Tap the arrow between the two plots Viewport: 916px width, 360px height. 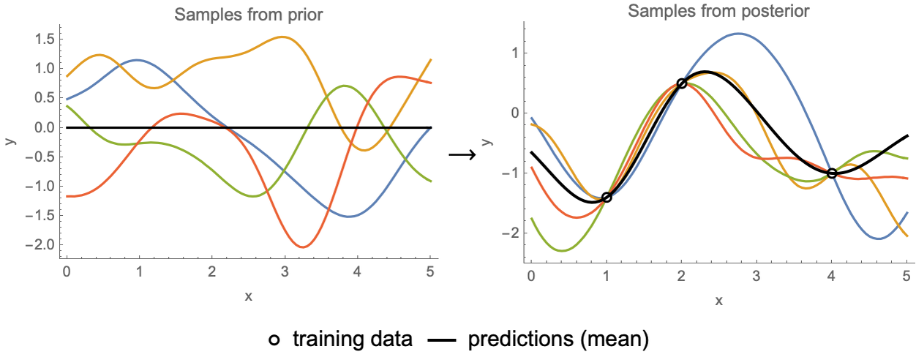point(462,154)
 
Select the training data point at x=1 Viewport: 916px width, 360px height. point(606,198)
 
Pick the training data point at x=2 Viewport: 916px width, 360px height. point(682,83)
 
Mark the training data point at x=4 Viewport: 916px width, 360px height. point(832,173)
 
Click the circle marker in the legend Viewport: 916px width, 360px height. point(274,340)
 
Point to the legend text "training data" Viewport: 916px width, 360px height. point(353,340)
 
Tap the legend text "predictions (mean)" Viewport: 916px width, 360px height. point(558,340)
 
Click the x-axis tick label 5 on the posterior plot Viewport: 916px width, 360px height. point(906,277)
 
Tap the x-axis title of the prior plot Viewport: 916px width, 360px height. point(248,296)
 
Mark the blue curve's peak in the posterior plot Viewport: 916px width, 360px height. point(739,34)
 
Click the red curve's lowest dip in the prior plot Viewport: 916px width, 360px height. point(302,247)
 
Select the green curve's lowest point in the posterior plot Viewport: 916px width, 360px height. point(562,251)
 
